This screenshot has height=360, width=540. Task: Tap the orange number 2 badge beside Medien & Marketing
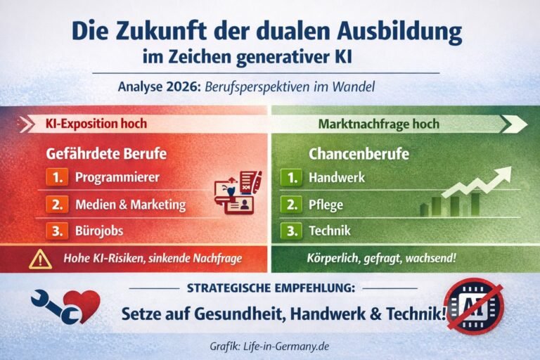[x=57, y=205]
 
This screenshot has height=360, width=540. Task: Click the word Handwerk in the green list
[x=337, y=178]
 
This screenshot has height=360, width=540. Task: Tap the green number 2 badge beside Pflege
[x=290, y=205]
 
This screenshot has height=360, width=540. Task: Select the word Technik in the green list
[x=330, y=231]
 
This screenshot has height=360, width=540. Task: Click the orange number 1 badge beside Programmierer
[x=57, y=177]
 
